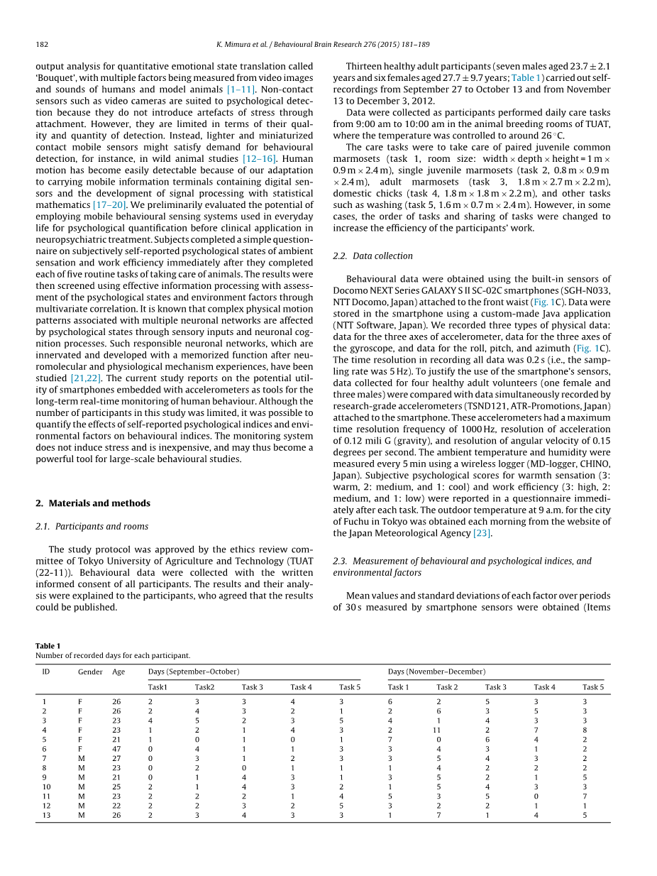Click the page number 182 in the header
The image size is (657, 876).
[x=42, y=44]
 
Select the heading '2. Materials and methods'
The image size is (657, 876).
[x=93, y=503]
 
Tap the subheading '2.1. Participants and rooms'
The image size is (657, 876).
[x=92, y=526]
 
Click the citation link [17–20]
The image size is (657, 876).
[x=110, y=204]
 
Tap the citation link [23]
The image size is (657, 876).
[x=482, y=533]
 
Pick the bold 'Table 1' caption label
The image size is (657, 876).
[x=48, y=646]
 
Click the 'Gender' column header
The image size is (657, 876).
[x=90, y=672]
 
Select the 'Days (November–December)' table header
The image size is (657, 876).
[x=436, y=672]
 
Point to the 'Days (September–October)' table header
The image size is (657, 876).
[x=194, y=672]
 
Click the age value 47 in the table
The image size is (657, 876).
[x=116, y=749]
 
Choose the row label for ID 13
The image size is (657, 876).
[x=46, y=816]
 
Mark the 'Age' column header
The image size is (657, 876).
[x=118, y=672]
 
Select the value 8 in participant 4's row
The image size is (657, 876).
[x=585, y=730]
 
